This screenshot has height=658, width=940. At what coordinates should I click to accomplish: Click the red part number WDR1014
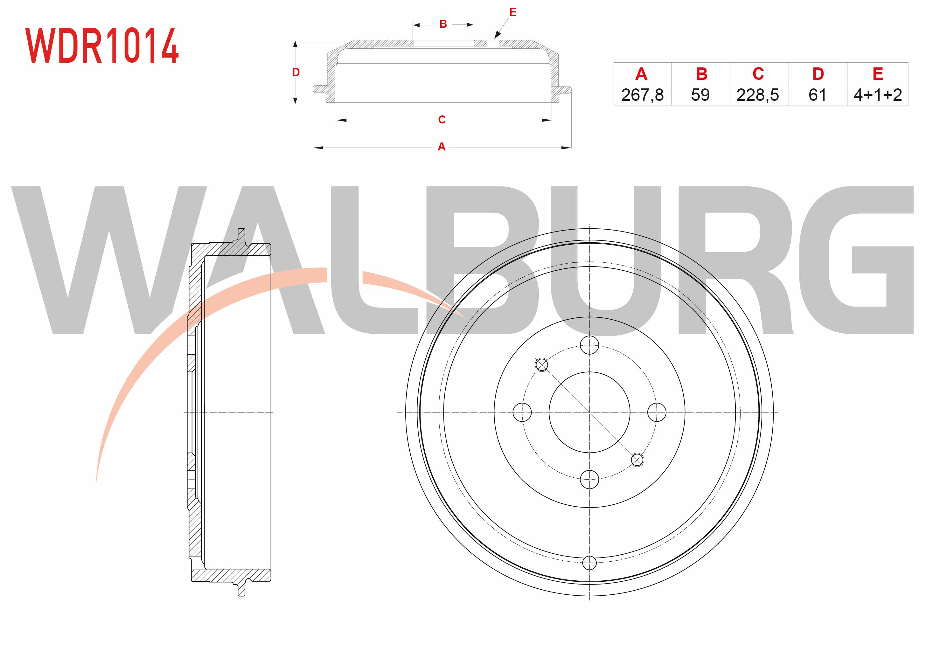102,45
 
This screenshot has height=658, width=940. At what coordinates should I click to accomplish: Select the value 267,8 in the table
642,95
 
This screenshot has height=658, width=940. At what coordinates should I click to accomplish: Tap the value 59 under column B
700,95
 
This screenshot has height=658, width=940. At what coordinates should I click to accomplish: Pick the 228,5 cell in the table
757,95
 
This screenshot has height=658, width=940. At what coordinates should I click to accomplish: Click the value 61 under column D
817,95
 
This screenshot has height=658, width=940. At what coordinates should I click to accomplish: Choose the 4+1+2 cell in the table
877,95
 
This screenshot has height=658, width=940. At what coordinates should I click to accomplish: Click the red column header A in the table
641,74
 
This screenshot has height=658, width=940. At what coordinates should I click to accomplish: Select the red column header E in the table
878,74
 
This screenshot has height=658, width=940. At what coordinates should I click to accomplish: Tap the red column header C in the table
758,74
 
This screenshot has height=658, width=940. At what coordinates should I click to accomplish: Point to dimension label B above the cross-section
443,24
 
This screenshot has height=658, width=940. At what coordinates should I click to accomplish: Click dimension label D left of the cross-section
296,73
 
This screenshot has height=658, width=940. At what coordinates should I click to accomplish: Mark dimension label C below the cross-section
442,120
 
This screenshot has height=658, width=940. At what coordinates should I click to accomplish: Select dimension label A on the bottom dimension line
441,147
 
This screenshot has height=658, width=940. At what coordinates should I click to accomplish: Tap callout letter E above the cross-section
512,12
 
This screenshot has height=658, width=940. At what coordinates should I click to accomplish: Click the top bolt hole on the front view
589,345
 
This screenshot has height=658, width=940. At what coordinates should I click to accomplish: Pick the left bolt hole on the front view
522,412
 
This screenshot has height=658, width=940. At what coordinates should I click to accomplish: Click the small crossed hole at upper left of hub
542,364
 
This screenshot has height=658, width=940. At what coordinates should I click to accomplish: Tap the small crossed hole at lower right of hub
637,460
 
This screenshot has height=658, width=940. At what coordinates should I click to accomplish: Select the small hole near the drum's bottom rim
589,563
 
